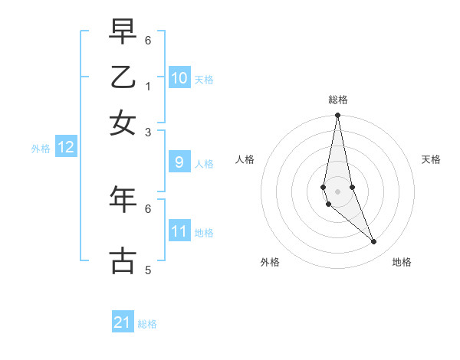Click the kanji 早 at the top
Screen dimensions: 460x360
coord(123,32)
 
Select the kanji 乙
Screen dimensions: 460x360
coord(123,77)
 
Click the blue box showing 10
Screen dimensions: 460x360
coord(179,78)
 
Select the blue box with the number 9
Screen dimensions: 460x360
coord(179,162)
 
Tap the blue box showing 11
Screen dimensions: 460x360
coord(179,231)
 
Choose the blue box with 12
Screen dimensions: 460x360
coord(66,148)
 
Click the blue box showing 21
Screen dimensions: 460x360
coord(123,322)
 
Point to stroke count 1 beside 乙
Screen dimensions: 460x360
coord(148,86)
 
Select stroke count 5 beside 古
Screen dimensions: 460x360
coord(148,270)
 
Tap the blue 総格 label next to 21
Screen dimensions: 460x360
coord(148,324)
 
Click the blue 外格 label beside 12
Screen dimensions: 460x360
coord(41,149)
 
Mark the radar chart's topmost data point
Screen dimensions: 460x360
coord(337,116)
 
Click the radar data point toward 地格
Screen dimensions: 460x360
coord(374,242)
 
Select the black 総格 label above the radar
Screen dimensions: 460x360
coord(337,100)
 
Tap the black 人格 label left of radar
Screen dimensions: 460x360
coord(245,159)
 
